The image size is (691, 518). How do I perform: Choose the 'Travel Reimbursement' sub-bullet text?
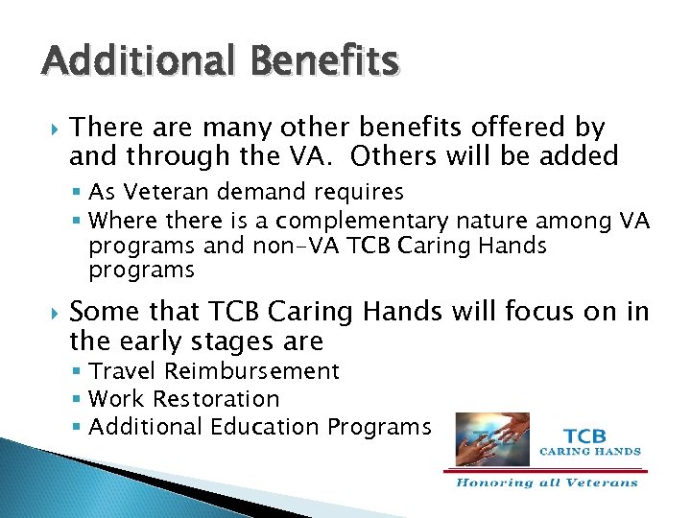tap(213, 371)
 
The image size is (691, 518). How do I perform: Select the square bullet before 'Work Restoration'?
tap(78, 399)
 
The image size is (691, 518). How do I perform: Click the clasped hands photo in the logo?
tap(492, 439)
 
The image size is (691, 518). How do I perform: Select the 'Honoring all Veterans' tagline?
tap(546, 483)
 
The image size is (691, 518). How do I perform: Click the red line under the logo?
tap(546, 471)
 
